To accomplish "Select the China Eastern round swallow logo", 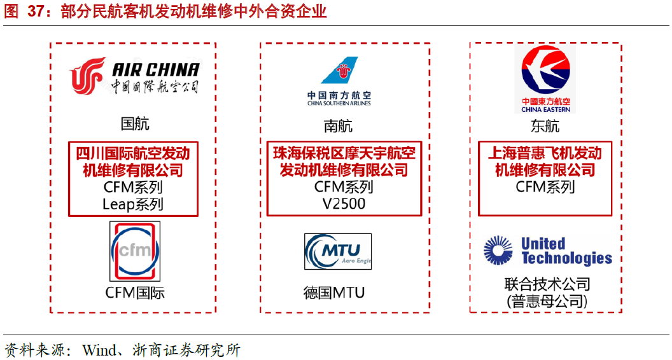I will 545,70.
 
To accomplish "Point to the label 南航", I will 338,126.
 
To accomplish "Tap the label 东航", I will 545,126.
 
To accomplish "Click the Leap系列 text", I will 133,204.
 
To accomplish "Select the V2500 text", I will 344,204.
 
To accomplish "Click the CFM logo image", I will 135,251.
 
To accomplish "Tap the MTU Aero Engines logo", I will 338,251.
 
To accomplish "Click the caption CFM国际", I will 135,293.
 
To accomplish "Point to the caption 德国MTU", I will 334,293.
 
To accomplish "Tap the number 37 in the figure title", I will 36,11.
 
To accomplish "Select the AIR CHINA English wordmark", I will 155,69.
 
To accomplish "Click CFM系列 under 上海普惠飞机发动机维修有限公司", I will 545,187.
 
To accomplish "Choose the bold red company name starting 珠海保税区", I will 344,162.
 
